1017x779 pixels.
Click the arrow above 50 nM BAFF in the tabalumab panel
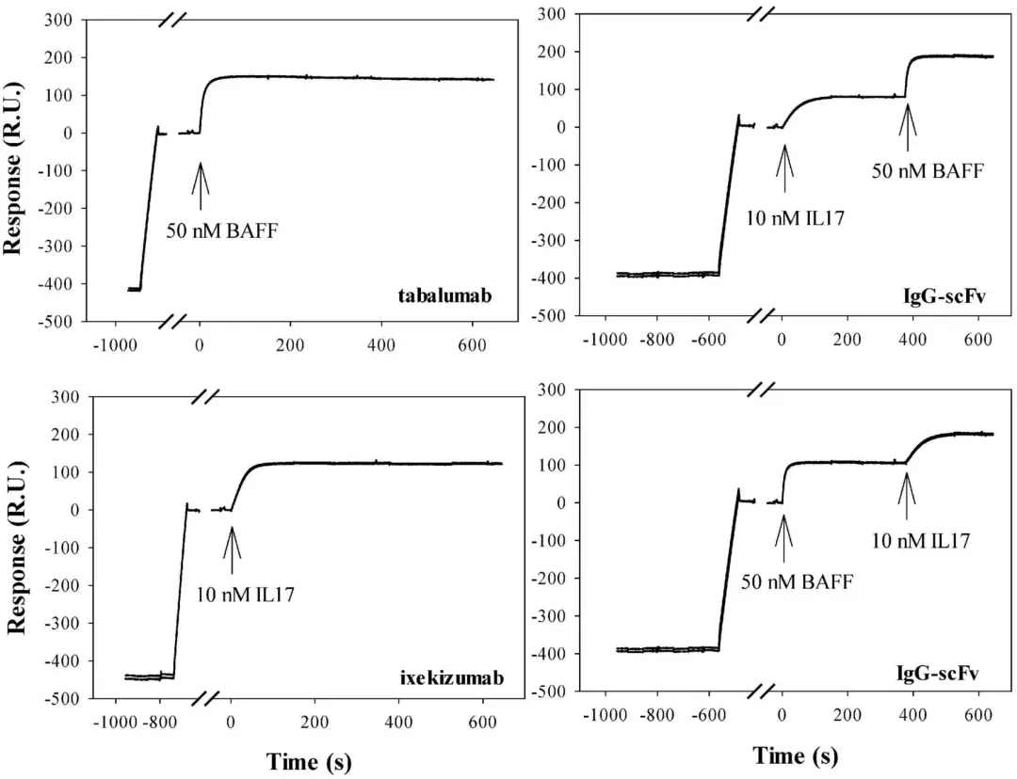click(x=200, y=179)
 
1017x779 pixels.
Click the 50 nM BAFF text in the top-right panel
click(x=928, y=171)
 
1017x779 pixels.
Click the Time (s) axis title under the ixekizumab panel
click(x=309, y=761)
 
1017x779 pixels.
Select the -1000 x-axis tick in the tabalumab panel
click(x=108, y=344)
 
